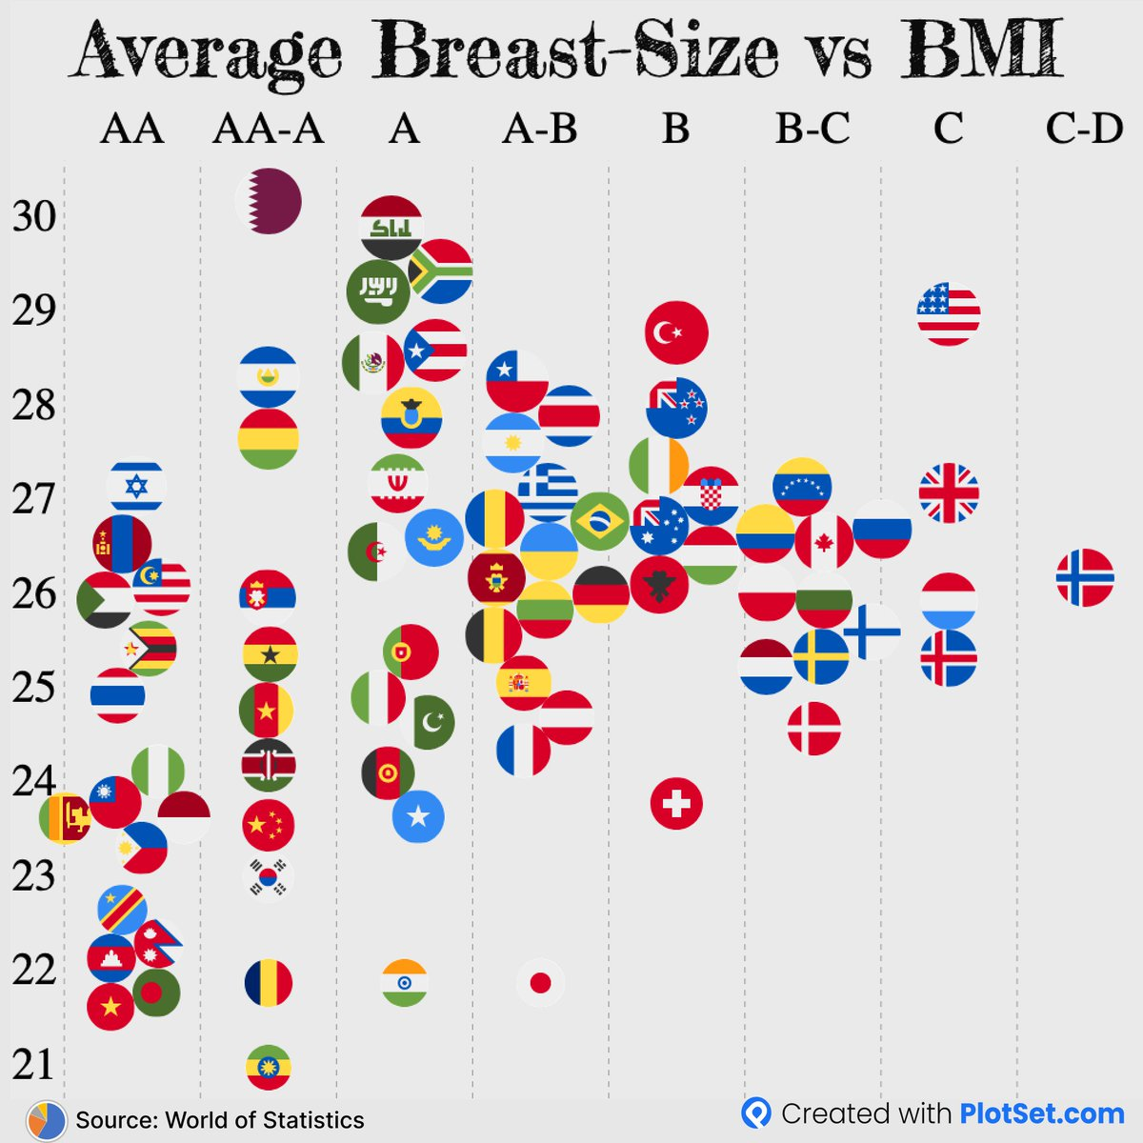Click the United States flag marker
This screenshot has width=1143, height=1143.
pyautogui.click(x=949, y=313)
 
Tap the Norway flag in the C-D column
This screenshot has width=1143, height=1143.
pyautogui.click(x=1085, y=577)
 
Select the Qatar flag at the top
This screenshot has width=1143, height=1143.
pyautogui.click(x=269, y=201)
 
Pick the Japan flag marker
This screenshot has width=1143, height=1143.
pyautogui.click(x=540, y=983)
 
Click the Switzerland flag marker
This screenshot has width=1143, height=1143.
pyautogui.click(x=676, y=803)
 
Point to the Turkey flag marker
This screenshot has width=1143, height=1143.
pyautogui.click(x=676, y=332)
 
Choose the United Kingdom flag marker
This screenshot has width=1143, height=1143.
pyautogui.click(x=949, y=493)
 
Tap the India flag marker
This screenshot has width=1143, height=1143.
pyautogui.click(x=405, y=983)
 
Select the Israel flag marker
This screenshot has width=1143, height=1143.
pyautogui.click(x=136, y=487)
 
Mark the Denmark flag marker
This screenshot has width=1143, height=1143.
pyautogui.click(x=813, y=729)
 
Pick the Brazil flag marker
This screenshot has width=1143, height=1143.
pyautogui.click(x=600, y=521)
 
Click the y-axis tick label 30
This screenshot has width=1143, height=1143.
pyautogui.click(x=34, y=217)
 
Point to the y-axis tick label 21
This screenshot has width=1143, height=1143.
pyautogui.click(x=34, y=1065)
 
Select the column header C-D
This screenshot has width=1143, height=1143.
pyautogui.click(x=1084, y=129)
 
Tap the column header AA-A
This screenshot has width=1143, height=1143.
pyautogui.click(x=269, y=129)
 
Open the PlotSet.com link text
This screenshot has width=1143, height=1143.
pyautogui.click(x=1041, y=1113)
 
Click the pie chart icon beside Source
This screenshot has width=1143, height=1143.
pyautogui.click(x=47, y=1120)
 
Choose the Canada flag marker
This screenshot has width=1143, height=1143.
pyautogui.click(x=824, y=541)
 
